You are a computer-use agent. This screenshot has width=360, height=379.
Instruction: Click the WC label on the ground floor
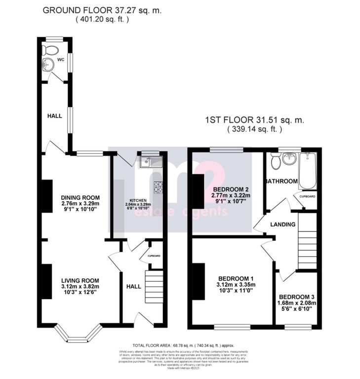pos(61,60)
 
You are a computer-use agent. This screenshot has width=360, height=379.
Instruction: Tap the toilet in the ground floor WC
pos(49,49)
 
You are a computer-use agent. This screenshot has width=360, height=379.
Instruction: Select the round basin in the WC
pos(48,65)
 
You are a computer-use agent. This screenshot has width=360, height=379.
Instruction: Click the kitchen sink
pos(148,161)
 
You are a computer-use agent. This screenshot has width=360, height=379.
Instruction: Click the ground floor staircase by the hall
pos(153,286)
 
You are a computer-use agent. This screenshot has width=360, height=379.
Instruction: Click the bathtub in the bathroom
pos(307,170)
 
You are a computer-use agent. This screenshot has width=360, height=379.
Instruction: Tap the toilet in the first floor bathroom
pos(276,161)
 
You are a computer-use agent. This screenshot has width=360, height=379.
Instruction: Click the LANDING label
pos(283,225)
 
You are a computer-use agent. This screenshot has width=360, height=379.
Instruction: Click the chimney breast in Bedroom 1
pos(198,281)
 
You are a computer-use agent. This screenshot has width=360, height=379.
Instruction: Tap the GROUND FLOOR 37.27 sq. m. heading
pos(101,9)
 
